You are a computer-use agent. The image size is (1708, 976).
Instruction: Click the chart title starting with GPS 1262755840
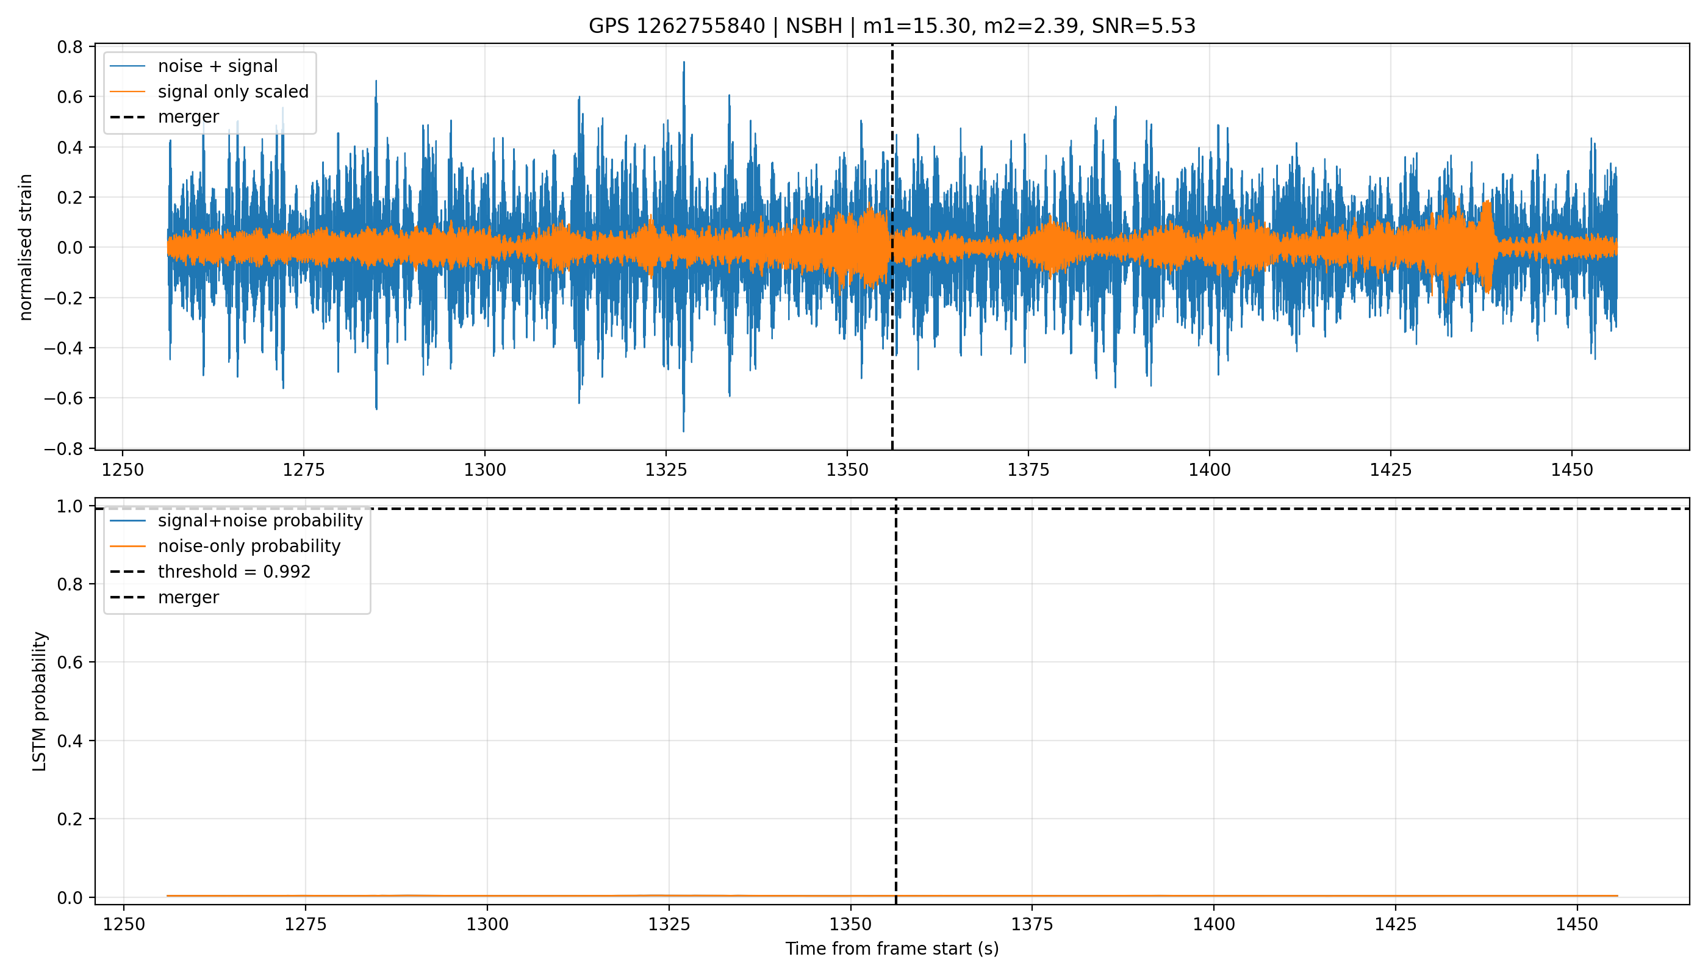(892, 26)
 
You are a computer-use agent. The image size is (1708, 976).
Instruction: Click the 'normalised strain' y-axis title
(26, 247)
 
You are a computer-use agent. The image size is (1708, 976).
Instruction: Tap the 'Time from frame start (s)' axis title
(892, 949)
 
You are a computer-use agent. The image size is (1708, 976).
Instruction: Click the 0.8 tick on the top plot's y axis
(70, 47)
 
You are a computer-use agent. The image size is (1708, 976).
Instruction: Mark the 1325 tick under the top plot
(666, 470)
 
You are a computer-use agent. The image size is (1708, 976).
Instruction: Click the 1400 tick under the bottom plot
(1213, 924)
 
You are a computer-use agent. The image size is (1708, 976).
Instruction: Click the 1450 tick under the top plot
(1572, 470)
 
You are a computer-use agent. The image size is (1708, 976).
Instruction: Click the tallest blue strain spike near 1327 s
(684, 63)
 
